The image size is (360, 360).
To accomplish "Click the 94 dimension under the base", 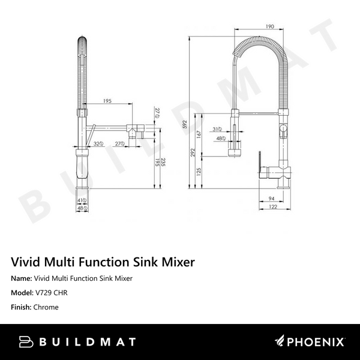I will tap(271, 198).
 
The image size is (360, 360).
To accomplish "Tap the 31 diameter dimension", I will tap(217, 129).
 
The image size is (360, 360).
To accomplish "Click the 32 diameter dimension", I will tap(97, 143).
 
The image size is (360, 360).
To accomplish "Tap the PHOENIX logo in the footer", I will tap(310, 342).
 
